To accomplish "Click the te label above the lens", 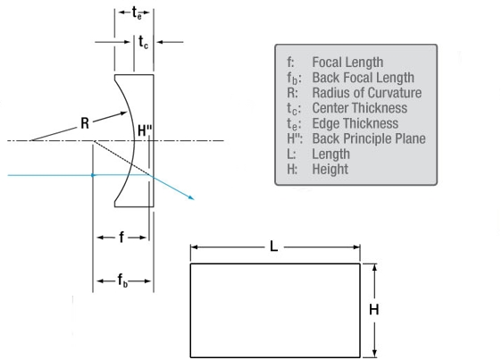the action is click(x=137, y=13).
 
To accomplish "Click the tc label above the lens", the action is click(x=143, y=42).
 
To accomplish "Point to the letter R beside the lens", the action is click(x=85, y=123).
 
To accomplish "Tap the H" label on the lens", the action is click(x=145, y=131).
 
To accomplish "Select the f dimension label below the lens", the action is click(x=121, y=238).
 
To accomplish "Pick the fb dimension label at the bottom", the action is click(x=122, y=280).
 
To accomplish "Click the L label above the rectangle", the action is click(x=273, y=247).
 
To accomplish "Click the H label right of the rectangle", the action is click(x=374, y=310).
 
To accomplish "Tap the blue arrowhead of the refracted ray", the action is click(x=191, y=197).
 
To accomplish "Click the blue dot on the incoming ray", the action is click(x=93, y=175).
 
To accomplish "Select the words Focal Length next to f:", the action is click(x=347, y=63).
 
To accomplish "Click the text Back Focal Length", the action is click(x=363, y=78).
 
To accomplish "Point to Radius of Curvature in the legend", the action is click(x=367, y=93).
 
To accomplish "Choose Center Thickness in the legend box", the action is click(x=360, y=108).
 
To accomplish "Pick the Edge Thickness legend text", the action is click(x=356, y=123).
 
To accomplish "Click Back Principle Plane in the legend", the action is click(x=369, y=138).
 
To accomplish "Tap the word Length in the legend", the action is click(x=331, y=154).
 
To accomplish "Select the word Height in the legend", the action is click(x=330, y=169).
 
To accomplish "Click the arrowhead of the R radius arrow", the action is click(x=123, y=113).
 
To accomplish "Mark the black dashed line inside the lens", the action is click(x=121, y=158).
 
